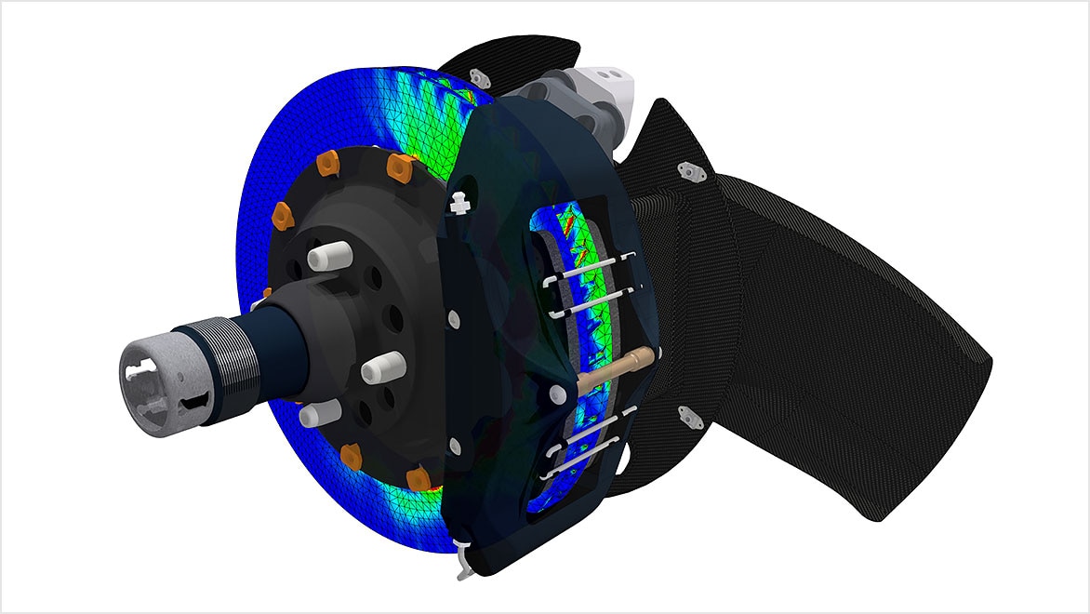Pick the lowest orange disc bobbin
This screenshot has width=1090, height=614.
coord(419,478)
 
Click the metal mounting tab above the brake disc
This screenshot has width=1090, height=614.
coord(480,78)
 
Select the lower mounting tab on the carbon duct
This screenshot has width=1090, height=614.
coord(689,417)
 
